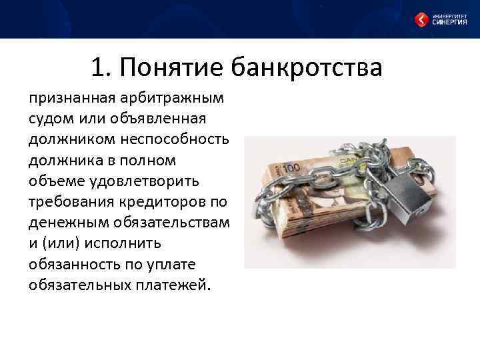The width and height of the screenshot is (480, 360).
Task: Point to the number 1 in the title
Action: (x=97, y=67)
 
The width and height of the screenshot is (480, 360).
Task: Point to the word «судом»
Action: (x=50, y=119)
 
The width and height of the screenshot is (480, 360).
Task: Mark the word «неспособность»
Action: (x=179, y=140)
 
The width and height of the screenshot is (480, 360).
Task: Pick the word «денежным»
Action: (x=65, y=223)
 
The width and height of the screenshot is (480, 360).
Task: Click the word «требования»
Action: (x=69, y=202)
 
